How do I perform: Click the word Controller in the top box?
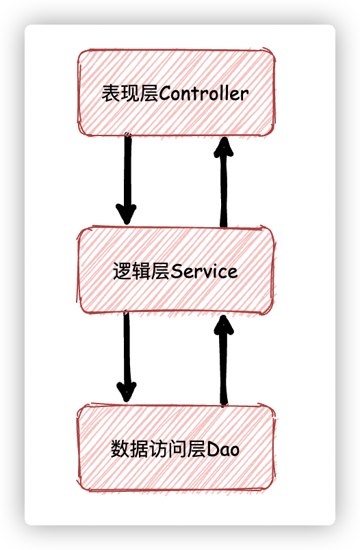coord(204,93)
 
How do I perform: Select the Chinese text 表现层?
coord(130,93)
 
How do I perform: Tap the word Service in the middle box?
coord(204,271)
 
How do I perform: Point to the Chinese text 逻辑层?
coord(142,271)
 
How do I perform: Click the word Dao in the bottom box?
coord(223,449)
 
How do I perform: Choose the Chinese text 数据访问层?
coord(159,449)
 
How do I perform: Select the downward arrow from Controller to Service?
coord(127,179)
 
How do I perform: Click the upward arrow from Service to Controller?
coord(224,183)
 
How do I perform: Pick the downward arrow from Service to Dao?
coord(127,356)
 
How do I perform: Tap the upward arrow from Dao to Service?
coord(224,361)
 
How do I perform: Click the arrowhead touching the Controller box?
coord(224,146)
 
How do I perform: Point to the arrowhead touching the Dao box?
coord(127,392)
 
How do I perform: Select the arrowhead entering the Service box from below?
coord(224,325)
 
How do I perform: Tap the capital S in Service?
coord(176,272)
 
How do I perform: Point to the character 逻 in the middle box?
coord(122,271)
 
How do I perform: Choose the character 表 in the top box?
coord(111,93)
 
